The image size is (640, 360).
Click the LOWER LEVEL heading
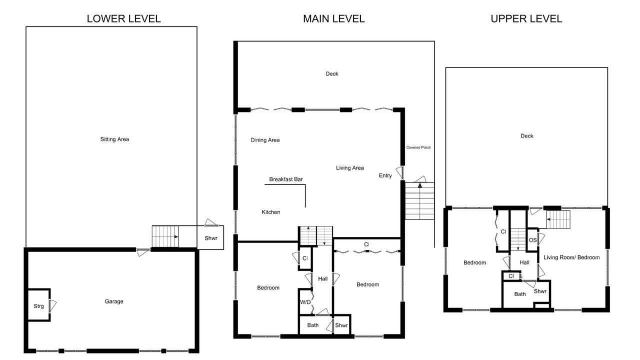[x=123, y=19]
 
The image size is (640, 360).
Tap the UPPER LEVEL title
[x=526, y=19]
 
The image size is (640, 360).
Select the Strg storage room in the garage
[x=39, y=305]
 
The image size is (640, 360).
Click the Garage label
[x=114, y=301]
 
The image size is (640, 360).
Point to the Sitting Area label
[x=114, y=139]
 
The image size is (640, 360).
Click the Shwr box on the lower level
[x=210, y=237]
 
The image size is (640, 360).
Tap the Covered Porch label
[x=418, y=147]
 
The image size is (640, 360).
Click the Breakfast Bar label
[x=286, y=179]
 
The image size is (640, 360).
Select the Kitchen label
[x=271, y=212]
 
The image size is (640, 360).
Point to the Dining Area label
[x=265, y=140]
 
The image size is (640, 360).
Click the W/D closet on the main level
[x=305, y=301]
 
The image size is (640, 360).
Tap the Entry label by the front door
[x=385, y=175]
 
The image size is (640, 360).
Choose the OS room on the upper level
[x=532, y=240]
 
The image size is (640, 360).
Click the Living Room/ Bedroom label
[x=571, y=257]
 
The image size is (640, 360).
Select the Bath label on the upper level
[x=520, y=294]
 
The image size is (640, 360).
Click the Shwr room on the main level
[x=341, y=324]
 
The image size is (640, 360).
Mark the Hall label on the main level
[x=323, y=279]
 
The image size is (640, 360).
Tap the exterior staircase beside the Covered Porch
[x=419, y=201]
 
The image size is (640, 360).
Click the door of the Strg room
[x=53, y=305]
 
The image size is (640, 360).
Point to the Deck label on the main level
[x=332, y=73]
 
